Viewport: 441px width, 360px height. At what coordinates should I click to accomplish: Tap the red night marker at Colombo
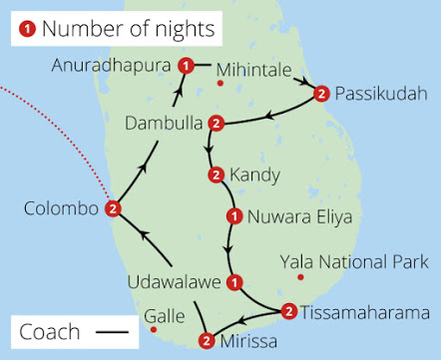pos(114,209)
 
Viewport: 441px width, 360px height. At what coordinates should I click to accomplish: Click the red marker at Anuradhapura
pos(186,66)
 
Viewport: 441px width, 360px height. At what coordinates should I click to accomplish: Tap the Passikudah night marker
pos(321,94)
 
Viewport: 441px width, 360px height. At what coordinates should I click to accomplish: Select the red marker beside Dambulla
pos(215,124)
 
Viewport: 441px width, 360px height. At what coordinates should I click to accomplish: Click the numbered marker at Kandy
pos(216,177)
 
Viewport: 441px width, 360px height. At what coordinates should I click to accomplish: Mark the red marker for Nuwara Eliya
pos(233,215)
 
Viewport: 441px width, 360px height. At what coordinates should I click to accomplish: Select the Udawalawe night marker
pos(233,283)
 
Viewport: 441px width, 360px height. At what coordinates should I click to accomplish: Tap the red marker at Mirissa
pos(207,341)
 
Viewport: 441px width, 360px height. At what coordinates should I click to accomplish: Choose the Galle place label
pos(164,316)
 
